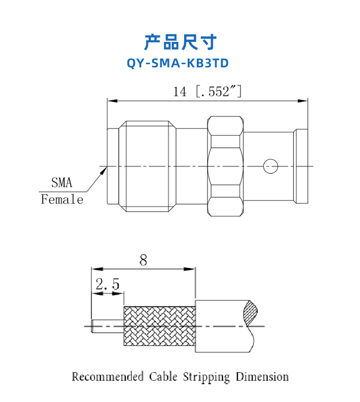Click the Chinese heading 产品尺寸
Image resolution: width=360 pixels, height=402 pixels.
click(180, 42)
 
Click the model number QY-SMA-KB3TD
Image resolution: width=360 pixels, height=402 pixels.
click(178, 63)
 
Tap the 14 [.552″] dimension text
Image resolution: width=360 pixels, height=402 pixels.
click(207, 91)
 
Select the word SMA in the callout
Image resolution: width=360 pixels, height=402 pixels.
click(62, 183)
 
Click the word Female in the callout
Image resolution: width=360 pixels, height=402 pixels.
click(62, 199)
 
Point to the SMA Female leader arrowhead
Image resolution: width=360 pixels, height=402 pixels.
click(103, 170)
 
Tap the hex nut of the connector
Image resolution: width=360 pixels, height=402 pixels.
click(225, 166)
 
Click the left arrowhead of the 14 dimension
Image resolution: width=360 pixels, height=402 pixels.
click(112, 101)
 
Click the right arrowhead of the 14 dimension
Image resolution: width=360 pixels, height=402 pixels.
click(303, 101)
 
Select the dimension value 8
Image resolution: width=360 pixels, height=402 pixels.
click(143, 260)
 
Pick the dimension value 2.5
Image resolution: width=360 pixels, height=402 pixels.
click(108, 284)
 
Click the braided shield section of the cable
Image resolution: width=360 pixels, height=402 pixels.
click(159, 326)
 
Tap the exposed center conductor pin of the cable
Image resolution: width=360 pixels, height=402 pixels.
click(108, 326)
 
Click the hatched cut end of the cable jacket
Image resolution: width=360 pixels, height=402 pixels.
click(251, 312)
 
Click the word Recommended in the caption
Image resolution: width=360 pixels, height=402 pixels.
click(108, 377)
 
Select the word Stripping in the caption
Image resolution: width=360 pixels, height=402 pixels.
click(206, 377)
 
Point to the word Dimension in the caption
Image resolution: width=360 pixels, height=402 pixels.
click(262, 377)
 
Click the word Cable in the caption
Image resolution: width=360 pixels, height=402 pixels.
click(163, 377)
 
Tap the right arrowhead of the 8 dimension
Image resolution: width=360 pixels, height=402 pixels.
click(190, 269)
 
